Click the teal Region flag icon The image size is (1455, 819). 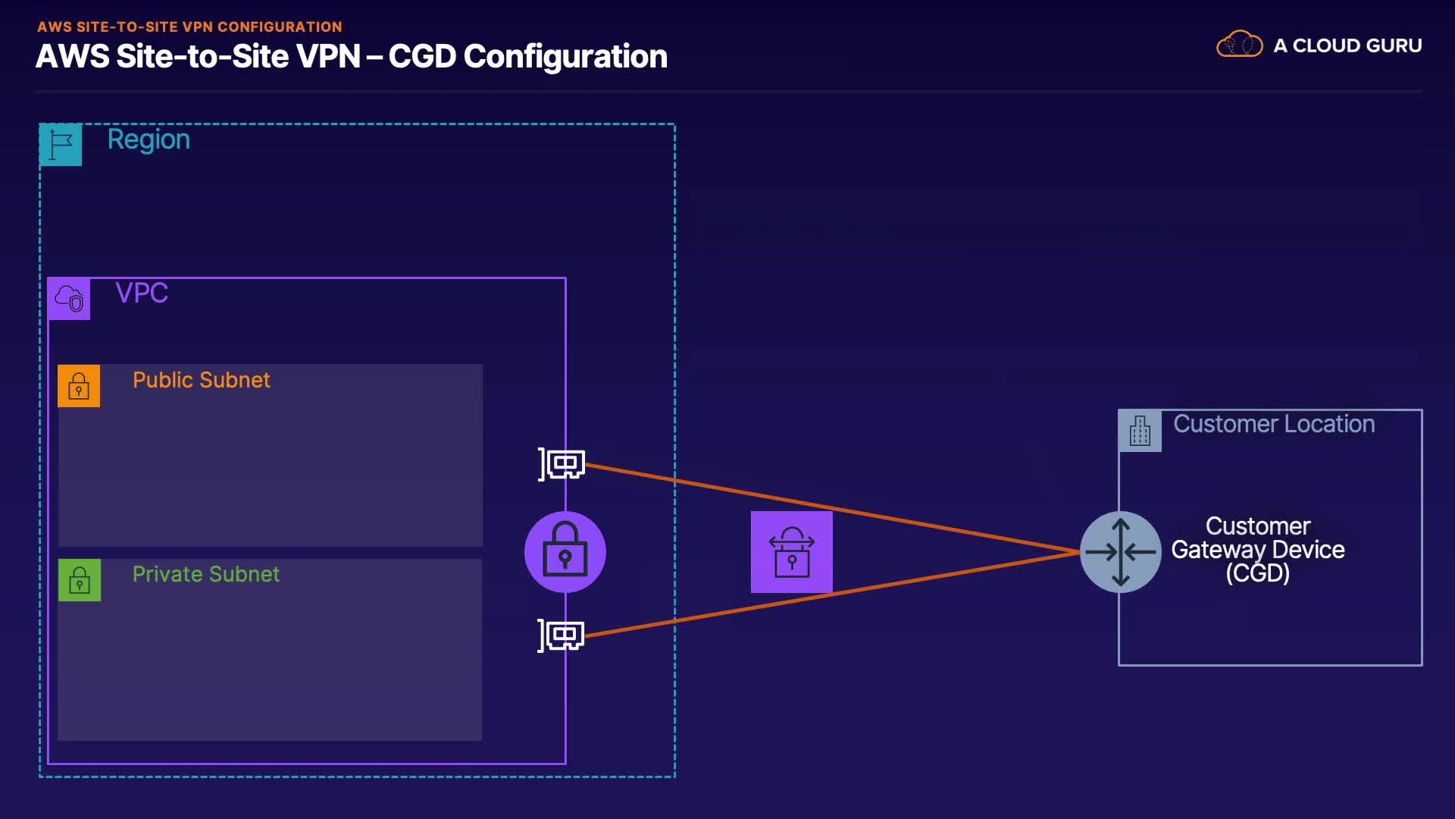coord(61,144)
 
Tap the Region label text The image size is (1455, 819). coord(149,140)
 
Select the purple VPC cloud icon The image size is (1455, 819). coord(69,299)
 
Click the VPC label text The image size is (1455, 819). coord(142,293)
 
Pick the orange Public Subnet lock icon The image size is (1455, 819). coord(79,386)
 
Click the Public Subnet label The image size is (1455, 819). coord(201,380)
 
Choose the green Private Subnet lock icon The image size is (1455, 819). coord(80,580)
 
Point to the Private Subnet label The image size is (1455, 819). coord(205,574)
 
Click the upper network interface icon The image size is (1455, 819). coord(562,463)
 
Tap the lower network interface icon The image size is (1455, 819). coord(562,635)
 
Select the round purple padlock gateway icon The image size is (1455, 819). coord(565,552)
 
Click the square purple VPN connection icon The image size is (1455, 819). coord(792,552)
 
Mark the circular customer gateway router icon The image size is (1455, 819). coord(1120,552)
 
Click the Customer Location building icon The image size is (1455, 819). coord(1140,431)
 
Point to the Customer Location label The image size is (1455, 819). coord(1274,424)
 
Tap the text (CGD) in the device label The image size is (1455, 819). coord(1258,573)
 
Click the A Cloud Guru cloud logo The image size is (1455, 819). coord(1239,45)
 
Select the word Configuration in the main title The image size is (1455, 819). coord(565,57)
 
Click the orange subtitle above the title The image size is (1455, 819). coord(189,27)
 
